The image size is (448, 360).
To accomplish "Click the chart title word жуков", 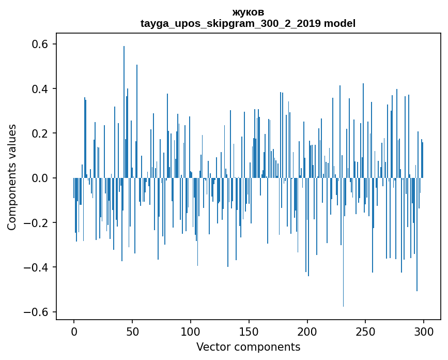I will [x=248, y=12].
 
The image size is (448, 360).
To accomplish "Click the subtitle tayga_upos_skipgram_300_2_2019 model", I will [x=248, y=23].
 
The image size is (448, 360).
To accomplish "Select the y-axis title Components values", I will [x=12, y=177].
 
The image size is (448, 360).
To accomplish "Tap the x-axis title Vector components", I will [x=248, y=347].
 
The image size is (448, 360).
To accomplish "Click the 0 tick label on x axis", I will [x=74, y=331].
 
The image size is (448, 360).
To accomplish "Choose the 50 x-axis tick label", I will [x=132, y=331].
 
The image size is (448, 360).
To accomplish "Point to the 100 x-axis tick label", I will [x=191, y=331].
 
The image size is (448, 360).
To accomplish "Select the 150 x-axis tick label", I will [x=249, y=331].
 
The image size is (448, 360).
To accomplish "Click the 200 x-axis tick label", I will [x=307, y=331].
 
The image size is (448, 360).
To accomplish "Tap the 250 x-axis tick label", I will [x=365, y=331].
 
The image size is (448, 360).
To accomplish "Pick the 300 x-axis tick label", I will [x=424, y=331].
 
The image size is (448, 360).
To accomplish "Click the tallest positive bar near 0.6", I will [x=124, y=103].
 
